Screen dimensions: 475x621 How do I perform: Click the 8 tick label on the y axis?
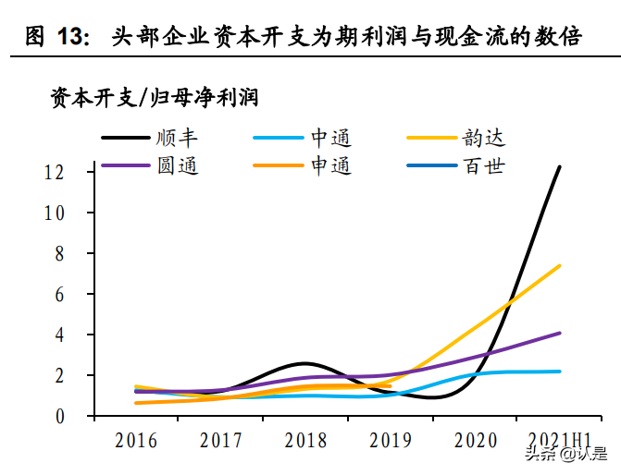tap(82, 253)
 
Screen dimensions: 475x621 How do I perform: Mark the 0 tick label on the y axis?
tap(82, 416)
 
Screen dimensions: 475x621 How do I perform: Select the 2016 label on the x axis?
tap(136, 440)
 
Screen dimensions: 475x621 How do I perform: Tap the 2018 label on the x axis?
tap(305, 440)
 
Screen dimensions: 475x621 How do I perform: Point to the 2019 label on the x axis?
tap(390, 440)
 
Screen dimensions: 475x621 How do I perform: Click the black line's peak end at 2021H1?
tap(560, 167)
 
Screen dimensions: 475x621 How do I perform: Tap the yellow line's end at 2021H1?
tap(560, 266)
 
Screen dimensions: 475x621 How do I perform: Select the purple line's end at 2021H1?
tap(560, 333)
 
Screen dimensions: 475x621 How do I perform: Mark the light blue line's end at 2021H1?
tap(560, 371)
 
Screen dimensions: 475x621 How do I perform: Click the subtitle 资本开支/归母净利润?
tap(154, 97)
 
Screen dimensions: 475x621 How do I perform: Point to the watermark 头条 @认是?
tap(565, 455)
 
